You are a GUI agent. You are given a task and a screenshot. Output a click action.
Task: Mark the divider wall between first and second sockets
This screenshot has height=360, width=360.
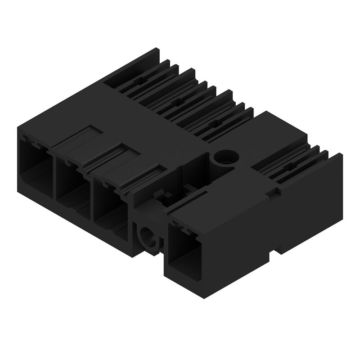pyautogui.click(x=54, y=175)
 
